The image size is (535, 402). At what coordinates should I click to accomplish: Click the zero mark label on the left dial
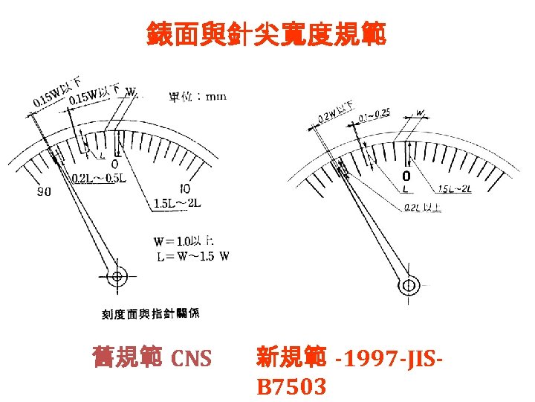tap(114, 163)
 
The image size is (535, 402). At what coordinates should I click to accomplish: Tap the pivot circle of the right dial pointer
tap(408, 284)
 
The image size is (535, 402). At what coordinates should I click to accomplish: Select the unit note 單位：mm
tap(198, 96)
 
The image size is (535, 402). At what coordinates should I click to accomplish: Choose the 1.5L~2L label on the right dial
tap(454, 189)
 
